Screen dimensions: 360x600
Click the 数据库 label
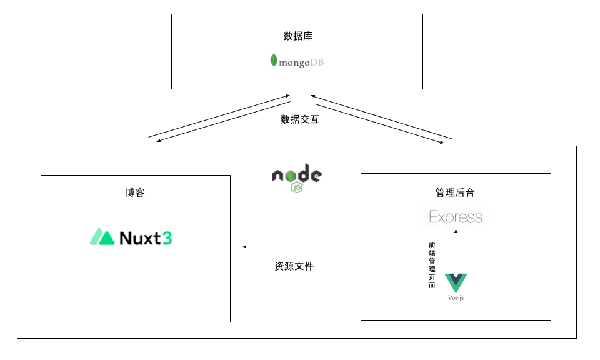(x=298, y=36)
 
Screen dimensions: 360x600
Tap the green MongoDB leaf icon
(x=274, y=61)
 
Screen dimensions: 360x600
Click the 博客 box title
(x=135, y=192)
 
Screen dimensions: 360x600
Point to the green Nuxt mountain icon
(x=102, y=237)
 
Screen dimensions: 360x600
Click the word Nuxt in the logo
(x=141, y=237)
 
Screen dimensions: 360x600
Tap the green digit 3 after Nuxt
(x=167, y=237)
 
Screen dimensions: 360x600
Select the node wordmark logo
(x=297, y=175)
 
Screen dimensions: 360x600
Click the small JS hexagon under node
(x=297, y=186)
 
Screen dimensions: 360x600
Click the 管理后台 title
(x=456, y=192)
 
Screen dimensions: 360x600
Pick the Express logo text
(x=456, y=217)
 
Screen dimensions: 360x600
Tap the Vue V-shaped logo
(x=456, y=282)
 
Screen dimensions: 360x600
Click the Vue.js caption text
(x=456, y=298)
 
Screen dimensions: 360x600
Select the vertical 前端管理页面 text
(x=432, y=265)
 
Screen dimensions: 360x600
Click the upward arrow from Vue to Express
(x=456, y=250)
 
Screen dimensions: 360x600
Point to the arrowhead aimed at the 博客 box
(x=244, y=247)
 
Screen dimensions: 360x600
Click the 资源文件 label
(x=294, y=266)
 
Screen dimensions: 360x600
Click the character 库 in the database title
(x=308, y=36)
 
